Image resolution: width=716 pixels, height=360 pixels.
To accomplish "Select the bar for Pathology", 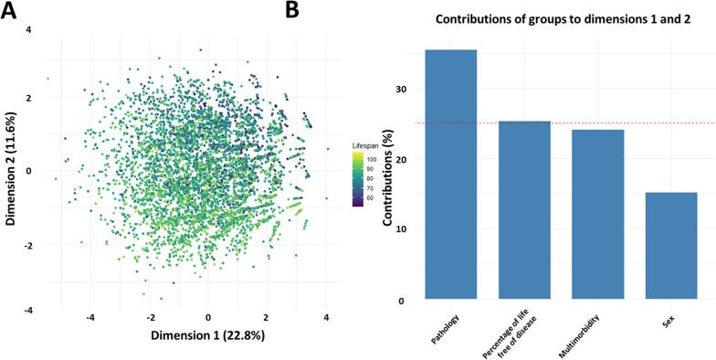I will (451, 175).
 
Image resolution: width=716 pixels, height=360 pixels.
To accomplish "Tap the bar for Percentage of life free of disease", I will (524, 210).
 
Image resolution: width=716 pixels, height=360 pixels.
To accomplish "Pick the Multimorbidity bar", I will (598, 215).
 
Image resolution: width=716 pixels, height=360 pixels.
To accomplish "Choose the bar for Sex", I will (671, 246).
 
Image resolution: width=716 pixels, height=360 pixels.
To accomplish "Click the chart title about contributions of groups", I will (559, 19).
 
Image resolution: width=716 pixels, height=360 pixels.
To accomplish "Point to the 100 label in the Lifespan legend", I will (374, 157).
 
